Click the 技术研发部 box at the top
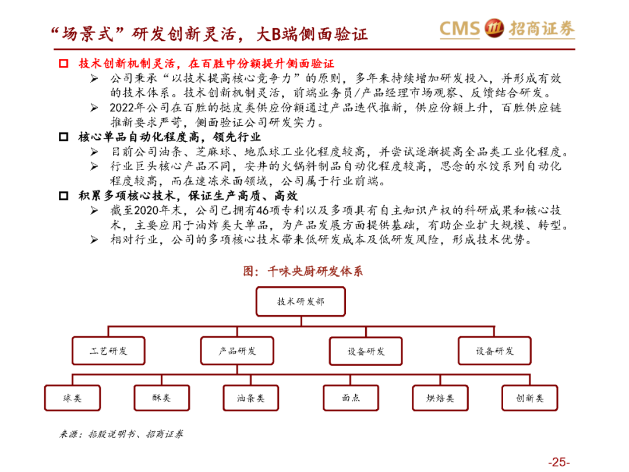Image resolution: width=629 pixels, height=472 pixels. (x=301, y=302)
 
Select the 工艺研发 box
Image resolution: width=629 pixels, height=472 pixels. (x=108, y=351)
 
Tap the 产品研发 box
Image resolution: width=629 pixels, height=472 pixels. (x=237, y=351)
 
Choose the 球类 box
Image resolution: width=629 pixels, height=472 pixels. (x=72, y=398)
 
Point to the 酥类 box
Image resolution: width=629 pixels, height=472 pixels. (x=161, y=398)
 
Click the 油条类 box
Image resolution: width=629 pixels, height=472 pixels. (x=250, y=398)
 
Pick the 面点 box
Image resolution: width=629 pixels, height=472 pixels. (x=351, y=398)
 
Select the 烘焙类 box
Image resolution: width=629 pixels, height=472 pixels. (x=440, y=398)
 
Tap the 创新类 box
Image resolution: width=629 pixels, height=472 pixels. (x=529, y=398)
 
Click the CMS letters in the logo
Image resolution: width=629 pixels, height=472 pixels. (x=460, y=29)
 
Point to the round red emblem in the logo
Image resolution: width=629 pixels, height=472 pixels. (x=494, y=29)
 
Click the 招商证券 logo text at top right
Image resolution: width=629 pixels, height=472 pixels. (x=541, y=29)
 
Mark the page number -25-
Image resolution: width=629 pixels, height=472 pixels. (x=557, y=462)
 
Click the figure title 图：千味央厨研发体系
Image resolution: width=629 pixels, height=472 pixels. (x=302, y=271)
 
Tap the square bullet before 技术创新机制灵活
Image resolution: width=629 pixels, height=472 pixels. (x=64, y=63)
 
